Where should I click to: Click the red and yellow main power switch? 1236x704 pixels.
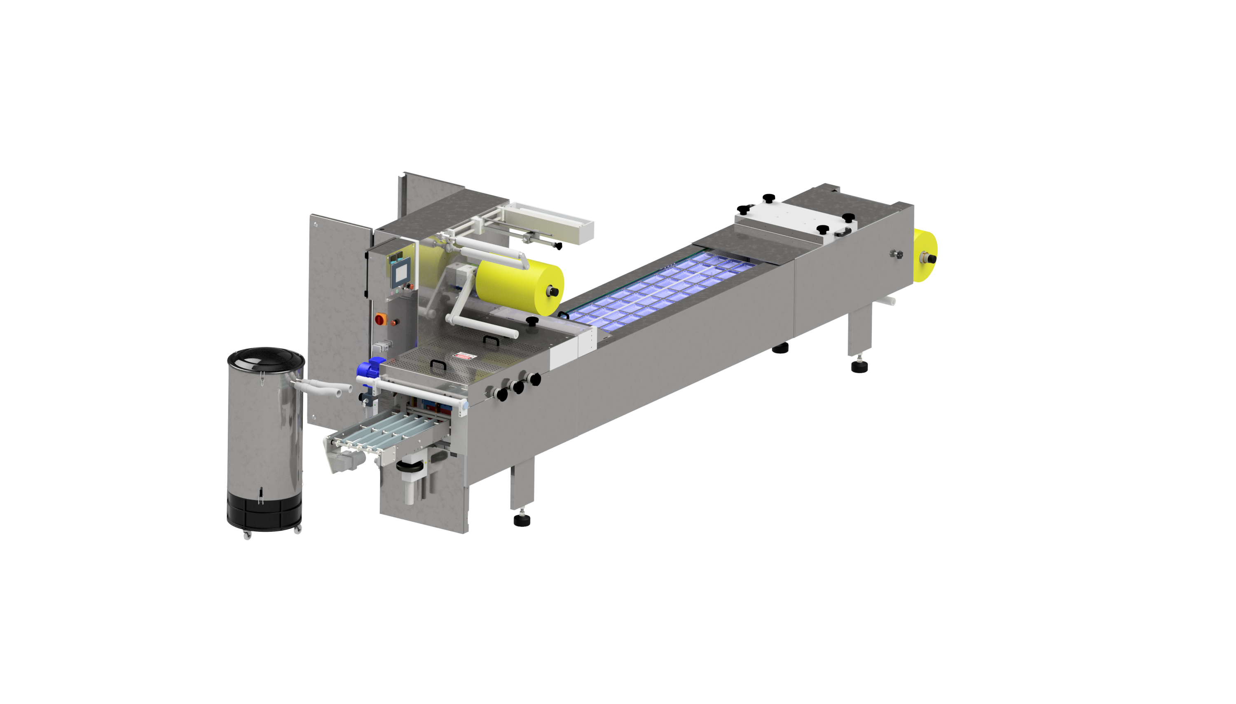(x=380, y=319)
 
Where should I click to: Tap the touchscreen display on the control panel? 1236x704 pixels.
(x=400, y=274)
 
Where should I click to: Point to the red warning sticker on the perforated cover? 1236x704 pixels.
(x=463, y=357)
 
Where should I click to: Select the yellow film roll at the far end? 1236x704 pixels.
(x=925, y=256)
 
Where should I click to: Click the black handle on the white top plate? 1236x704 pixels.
(x=842, y=232)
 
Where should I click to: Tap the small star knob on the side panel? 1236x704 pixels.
(x=897, y=253)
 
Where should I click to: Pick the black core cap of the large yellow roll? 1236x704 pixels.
(x=553, y=291)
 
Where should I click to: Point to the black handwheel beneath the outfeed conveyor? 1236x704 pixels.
(x=409, y=467)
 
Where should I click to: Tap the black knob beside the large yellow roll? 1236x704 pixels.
(x=532, y=321)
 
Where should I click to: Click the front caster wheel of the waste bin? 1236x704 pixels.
(x=247, y=535)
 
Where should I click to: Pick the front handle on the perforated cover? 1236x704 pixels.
(x=438, y=364)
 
